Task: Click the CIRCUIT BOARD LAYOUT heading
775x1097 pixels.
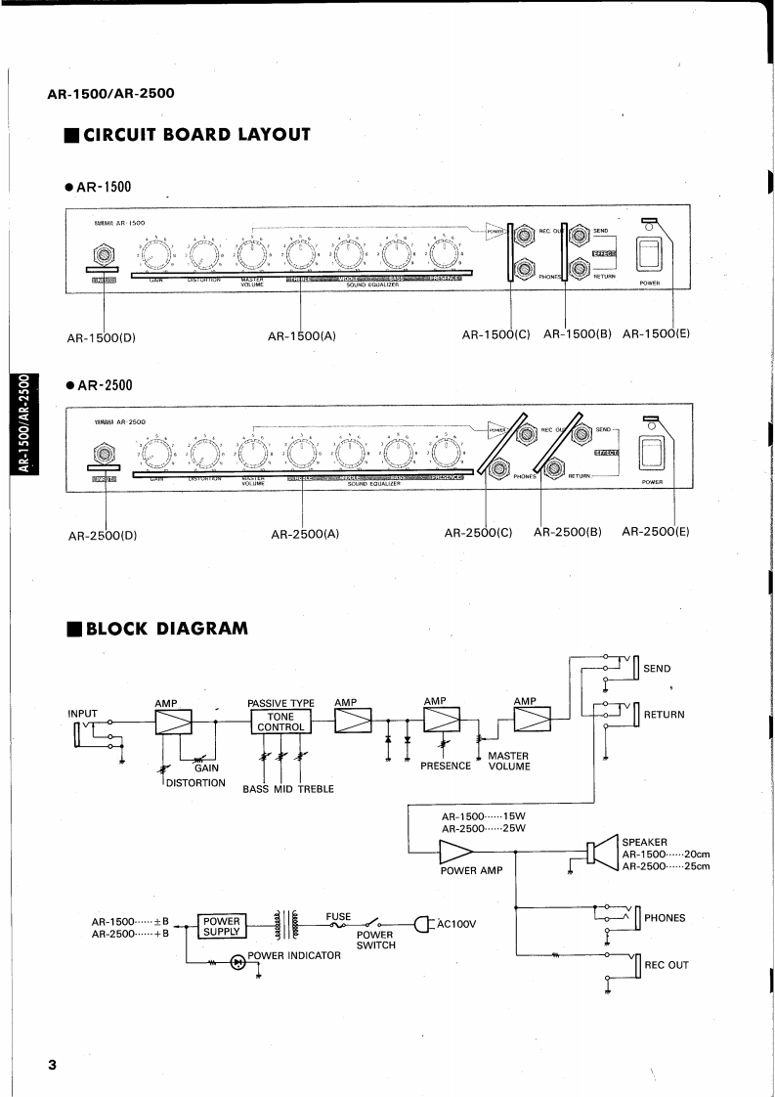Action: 196,134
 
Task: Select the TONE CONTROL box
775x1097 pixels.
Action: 280,722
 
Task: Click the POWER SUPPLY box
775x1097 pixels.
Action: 221,925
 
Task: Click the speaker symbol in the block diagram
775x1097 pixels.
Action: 598,852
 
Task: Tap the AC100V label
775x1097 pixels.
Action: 455,923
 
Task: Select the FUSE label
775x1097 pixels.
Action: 338,917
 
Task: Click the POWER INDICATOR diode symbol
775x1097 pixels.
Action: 237,962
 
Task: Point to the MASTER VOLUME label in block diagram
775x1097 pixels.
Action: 508,761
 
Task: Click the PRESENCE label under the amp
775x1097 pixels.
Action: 446,767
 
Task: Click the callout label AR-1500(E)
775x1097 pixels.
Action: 656,333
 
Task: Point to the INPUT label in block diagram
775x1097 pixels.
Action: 83,713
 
